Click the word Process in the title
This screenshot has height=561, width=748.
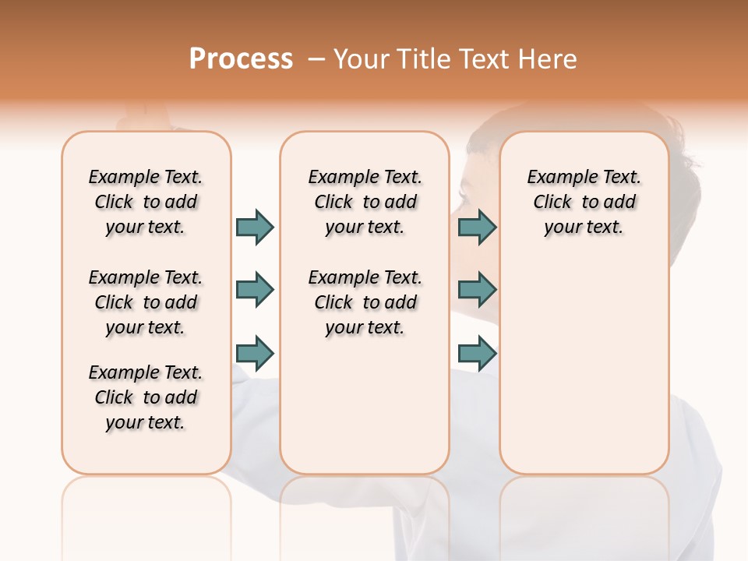point(241,58)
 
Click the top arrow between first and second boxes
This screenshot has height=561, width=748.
point(255,227)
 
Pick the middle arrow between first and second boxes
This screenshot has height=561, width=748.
point(255,290)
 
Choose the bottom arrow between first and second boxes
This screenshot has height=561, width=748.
point(255,353)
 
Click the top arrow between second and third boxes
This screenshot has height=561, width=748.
point(477,227)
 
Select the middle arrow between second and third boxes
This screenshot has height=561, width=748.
point(477,290)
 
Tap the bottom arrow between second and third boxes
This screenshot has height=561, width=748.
point(477,353)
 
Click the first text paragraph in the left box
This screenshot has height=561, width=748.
point(146,202)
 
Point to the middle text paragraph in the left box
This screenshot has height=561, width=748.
point(146,302)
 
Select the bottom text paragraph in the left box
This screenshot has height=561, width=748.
point(146,397)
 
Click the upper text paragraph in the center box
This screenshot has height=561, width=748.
point(365,202)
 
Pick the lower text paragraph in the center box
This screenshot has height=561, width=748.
point(365,302)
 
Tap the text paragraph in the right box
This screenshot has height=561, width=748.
point(584,202)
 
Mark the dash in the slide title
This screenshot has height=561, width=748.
point(316,59)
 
